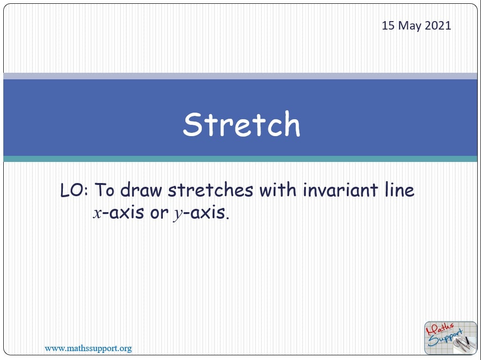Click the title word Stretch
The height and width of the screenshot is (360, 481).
point(241,124)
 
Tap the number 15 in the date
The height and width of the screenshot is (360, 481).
point(388,25)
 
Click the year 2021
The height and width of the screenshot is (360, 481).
point(438,25)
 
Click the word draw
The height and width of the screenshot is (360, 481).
point(141,190)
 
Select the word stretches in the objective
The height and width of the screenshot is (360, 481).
point(210,190)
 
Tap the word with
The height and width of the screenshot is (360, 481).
point(278,190)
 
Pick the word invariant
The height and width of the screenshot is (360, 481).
point(340,190)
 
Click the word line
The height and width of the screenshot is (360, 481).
point(399,190)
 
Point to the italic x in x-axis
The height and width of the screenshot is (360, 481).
point(97,213)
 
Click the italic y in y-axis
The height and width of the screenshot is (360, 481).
point(177,214)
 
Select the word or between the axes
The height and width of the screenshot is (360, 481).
point(159,213)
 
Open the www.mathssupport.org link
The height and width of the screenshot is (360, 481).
point(88,349)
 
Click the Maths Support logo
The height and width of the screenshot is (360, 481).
point(450,338)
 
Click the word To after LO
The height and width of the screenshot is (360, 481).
point(104,190)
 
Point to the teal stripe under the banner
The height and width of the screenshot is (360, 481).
point(240,159)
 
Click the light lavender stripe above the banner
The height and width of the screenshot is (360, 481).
point(240,76)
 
